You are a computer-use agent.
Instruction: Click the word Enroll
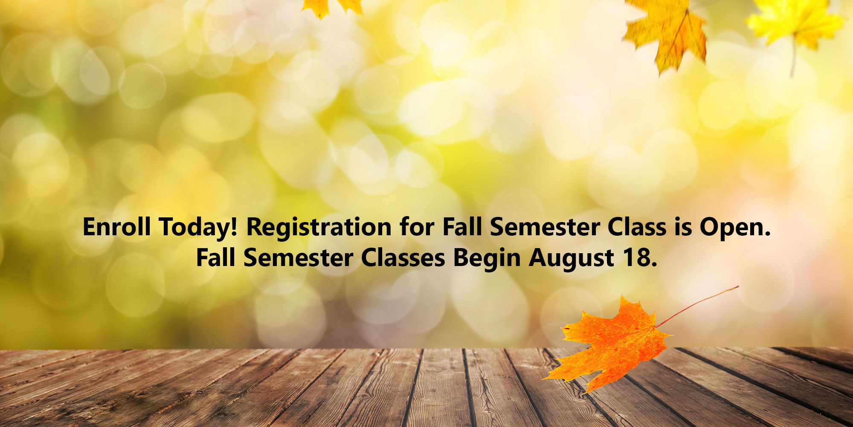[x=116, y=227]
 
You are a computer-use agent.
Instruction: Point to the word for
[x=416, y=227]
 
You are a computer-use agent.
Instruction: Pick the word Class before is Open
[x=637, y=227]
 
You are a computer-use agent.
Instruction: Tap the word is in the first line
[x=683, y=227]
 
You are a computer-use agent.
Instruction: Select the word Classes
[x=403, y=258]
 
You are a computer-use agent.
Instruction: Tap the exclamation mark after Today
[x=233, y=227]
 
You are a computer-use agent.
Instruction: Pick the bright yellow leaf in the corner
[x=796, y=21]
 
